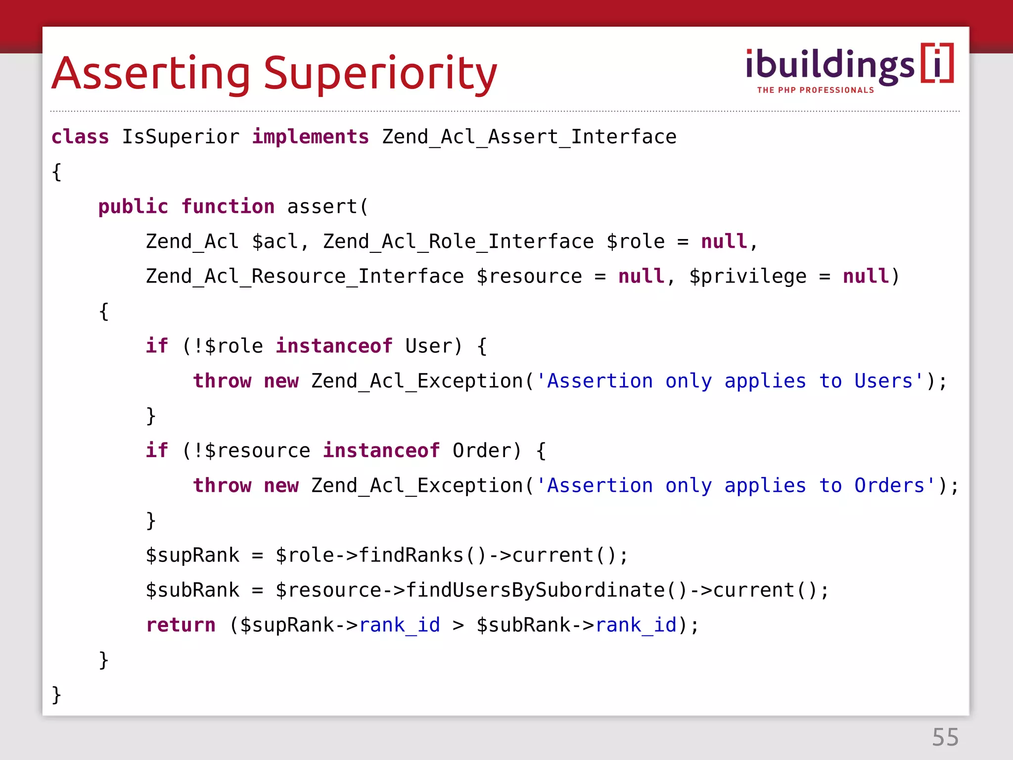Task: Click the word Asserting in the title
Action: [x=151, y=74]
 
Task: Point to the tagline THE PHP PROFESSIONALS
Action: [x=815, y=90]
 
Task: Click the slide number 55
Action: [x=945, y=737]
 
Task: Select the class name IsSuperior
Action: [x=181, y=137]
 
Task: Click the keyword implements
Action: [x=310, y=137]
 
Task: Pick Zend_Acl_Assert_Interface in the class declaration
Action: [x=529, y=137]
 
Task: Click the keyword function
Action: [x=228, y=207]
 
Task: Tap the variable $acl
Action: [x=275, y=241]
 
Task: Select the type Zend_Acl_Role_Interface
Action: [x=458, y=241]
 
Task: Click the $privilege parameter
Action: [x=747, y=277]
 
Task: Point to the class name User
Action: [x=428, y=346]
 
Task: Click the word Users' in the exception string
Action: [x=888, y=381]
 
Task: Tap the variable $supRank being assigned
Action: [x=192, y=555]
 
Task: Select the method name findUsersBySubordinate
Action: [x=535, y=590]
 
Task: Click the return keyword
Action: [x=181, y=625]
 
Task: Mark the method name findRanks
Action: [x=411, y=555]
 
